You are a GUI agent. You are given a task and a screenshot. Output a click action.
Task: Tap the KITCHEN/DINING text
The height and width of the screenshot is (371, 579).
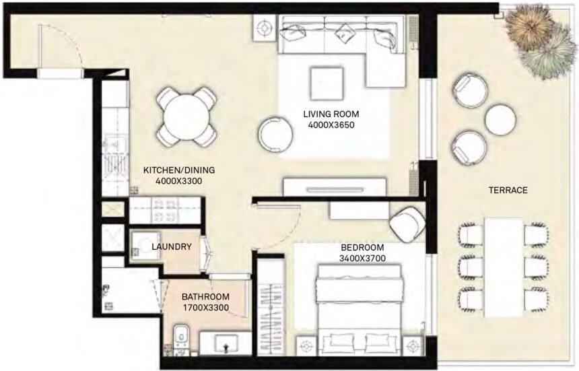coord(173,171)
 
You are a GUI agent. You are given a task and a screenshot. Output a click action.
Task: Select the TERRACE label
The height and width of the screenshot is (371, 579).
coord(508,191)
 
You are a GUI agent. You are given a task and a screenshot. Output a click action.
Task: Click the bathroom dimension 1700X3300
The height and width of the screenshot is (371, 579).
coord(205,308)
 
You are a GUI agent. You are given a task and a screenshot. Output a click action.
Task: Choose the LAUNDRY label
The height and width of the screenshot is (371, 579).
coord(171,247)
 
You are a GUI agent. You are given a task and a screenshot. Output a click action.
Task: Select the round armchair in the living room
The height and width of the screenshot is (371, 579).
coord(275,134)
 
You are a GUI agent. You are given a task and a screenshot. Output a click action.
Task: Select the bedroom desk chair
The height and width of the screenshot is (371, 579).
coord(406,224)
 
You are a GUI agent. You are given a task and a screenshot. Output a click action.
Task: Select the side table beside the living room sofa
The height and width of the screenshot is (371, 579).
coord(265,28)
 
